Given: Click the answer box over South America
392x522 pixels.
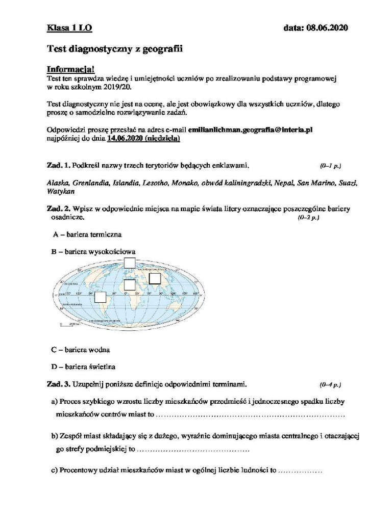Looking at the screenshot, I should click(101, 297).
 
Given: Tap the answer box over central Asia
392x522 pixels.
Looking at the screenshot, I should click(155, 278).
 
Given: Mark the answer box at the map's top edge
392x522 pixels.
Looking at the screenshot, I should click(130, 263).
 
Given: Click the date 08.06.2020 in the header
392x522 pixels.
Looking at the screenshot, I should click(315, 29).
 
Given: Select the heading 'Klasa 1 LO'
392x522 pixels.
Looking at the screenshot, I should click(69, 29).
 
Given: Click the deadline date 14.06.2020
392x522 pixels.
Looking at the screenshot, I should click(126, 138).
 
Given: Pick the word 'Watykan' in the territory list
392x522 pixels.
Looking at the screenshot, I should click(61, 191).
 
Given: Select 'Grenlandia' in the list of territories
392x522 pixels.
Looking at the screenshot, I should click(91, 182).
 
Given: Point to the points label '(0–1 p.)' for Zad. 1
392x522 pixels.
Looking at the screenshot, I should click(330, 166).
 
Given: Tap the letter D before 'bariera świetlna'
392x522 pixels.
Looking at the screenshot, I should click(54, 367).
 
